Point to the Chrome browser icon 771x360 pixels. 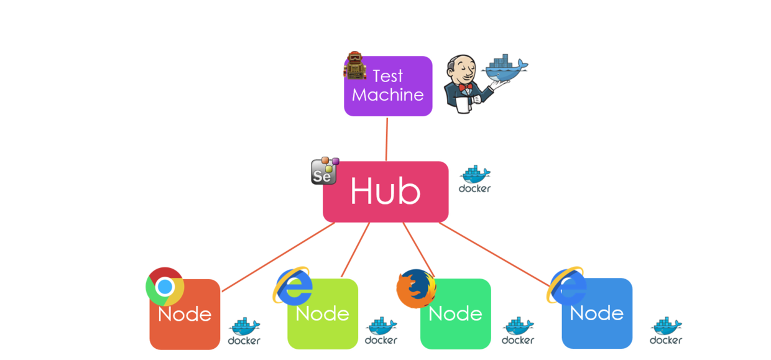[x=164, y=287]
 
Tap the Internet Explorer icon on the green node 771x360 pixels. [x=293, y=286]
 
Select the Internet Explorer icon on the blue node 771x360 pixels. [x=566, y=285]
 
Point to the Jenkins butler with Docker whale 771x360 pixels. [x=485, y=82]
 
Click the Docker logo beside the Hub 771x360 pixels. [x=474, y=180]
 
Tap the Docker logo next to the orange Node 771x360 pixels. [x=244, y=331]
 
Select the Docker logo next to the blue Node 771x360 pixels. [x=665, y=331]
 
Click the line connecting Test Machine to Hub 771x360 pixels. [x=387, y=139]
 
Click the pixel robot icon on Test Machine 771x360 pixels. [x=355, y=65]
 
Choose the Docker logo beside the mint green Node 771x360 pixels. [x=517, y=331]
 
